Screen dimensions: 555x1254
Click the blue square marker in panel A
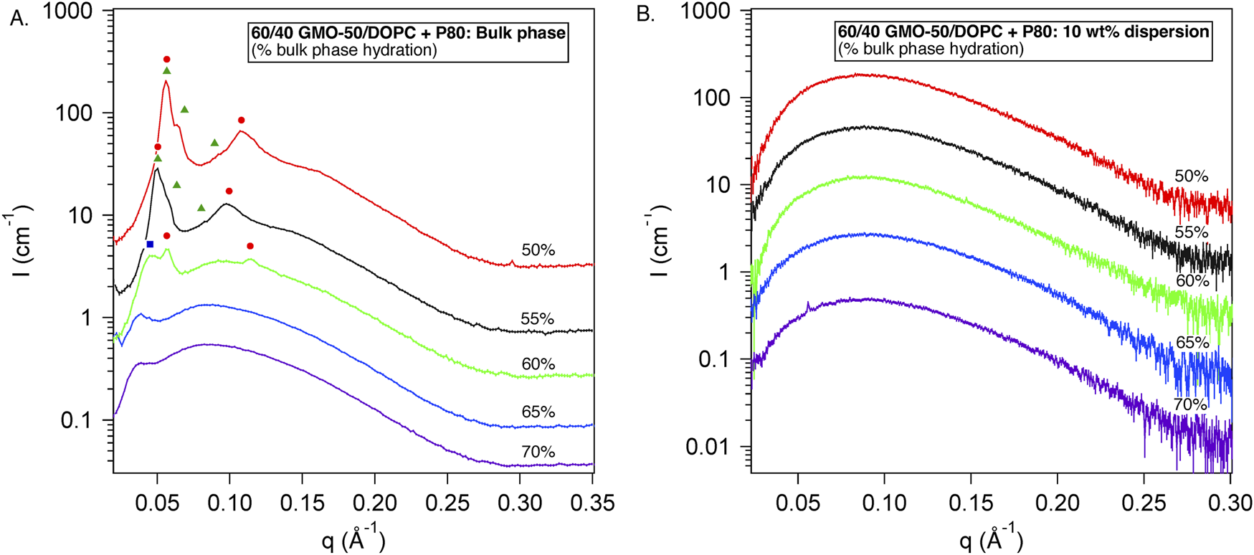pos(150,245)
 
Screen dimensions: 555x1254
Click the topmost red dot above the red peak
pos(167,60)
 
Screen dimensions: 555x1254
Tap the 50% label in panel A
pos(538,250)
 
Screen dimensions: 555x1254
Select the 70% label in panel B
pos(1190,404)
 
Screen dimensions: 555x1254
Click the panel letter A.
pos(19,19)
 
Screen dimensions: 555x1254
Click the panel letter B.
pos(645,14)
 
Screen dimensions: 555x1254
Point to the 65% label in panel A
pos(538,412)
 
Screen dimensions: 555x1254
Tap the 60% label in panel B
pos(1192,281)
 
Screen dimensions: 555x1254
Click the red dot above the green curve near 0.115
pos(250,246)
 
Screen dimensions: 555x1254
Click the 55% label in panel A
pos(537,319)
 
